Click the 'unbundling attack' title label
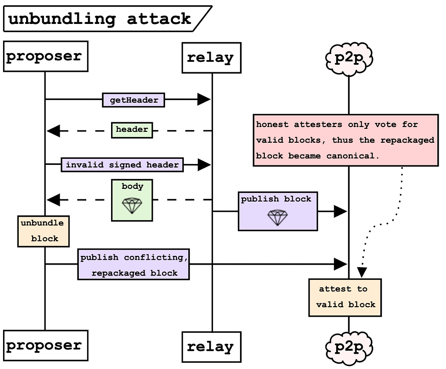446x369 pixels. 100,19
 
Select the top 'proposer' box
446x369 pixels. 45,57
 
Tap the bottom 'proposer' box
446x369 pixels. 45,346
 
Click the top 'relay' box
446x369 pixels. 211,57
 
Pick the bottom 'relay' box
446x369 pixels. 211,347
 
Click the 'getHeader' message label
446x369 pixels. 134,100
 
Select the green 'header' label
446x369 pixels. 132,130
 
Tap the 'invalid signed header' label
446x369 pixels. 122,165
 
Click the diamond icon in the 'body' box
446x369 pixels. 132,205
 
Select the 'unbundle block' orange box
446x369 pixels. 44,231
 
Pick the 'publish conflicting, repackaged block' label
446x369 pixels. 134,265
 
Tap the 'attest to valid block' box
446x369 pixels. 345,297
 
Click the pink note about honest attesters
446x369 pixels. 345,140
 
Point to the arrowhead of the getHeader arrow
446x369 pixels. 204,100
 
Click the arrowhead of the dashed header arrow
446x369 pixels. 53,130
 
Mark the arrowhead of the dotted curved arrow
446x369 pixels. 362,272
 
